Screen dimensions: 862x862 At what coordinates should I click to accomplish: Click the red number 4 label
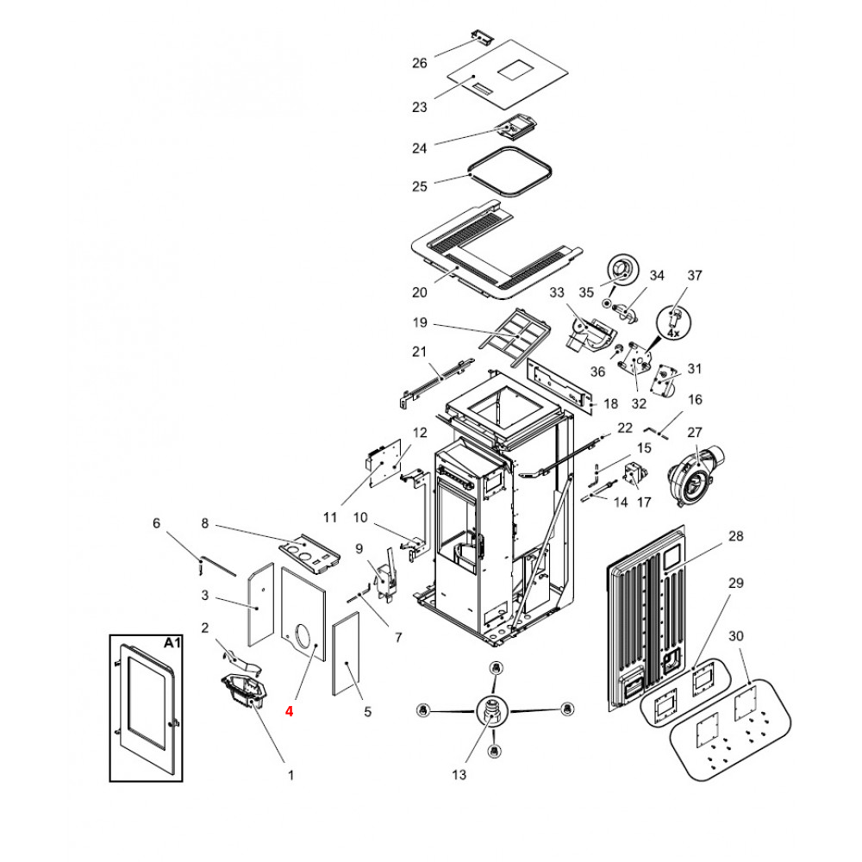(290, 712)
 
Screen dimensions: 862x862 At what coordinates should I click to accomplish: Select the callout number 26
(420, 63)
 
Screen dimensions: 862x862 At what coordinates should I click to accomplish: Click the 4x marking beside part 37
(675, 332)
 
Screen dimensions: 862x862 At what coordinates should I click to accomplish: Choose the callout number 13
(459, 775)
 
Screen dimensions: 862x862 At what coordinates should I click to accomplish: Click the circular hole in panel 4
(303, 636)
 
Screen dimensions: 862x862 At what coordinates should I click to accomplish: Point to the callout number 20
(420, 292)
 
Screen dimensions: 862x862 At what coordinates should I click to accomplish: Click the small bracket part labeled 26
(481, 38)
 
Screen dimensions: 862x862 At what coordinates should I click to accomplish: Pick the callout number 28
(735, 536)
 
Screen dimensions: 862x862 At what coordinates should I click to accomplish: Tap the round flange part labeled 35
(619, 270)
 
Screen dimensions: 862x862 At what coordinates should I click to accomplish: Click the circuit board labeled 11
(385, 465)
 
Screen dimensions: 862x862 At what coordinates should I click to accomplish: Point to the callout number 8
(205, 523)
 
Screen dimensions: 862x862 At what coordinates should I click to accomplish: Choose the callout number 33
(556, 293)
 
